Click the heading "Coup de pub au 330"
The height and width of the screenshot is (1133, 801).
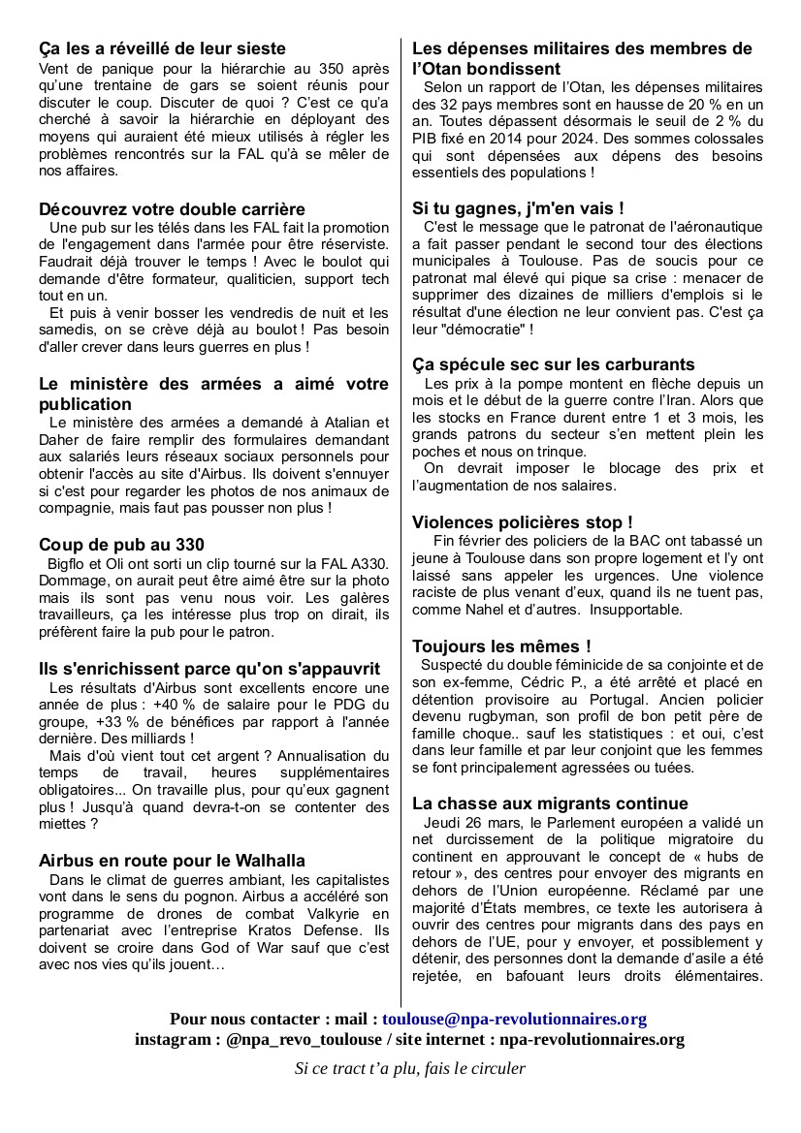click(x=121, y=545)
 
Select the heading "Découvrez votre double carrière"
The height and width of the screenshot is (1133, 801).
click(x=172, y=209)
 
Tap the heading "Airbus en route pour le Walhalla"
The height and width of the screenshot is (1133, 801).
click(x=172, y=861)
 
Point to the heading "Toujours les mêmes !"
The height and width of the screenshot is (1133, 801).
click(x=501, y=645)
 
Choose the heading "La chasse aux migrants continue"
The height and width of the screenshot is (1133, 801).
click(x=550, y=803)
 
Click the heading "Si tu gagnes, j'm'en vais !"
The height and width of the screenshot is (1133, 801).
click(x=518, y=207)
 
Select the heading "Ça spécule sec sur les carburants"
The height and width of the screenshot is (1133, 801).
click(x=553, y=364)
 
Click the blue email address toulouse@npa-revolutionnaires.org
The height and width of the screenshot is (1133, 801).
click(x=514, y=1019)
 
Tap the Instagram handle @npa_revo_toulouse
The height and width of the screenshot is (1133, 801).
click(x=302, y=1039)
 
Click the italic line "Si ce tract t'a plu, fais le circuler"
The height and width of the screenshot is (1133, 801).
click(x=409, y=1069)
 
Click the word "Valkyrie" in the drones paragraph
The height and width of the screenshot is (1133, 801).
click(x=298, y=914)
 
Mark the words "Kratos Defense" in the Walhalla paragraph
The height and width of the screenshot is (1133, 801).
click(x=302, y=931)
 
